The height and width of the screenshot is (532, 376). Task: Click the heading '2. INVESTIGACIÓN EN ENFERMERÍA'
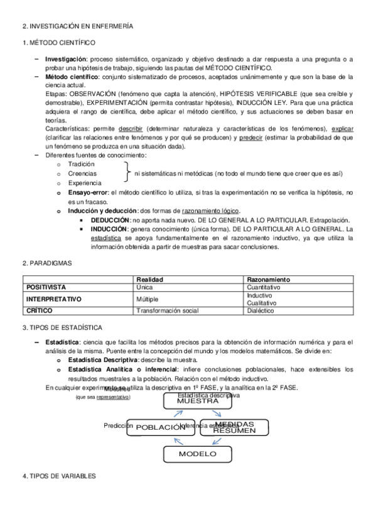click(x=77, y=26)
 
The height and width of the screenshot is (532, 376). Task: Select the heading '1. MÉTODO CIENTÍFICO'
click(x=58, y=43)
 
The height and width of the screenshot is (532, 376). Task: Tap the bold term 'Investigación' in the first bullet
click(x=66, y=59)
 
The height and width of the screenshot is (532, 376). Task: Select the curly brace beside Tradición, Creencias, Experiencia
click(x=128, y=173)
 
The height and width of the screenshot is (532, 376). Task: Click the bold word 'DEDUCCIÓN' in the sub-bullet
click(x=110, y=220)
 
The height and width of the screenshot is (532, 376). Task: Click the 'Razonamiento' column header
click(x=268, y=279)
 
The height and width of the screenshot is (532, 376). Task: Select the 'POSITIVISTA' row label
click(x=46, y=287)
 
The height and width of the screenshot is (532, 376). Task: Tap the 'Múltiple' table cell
click(x=148, y=299)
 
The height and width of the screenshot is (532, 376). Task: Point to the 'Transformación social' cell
click(x=168, y=311)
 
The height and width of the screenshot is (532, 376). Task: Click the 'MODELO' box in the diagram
click(x=197, y=454)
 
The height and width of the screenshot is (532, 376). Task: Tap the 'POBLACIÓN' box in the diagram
click(x=161, y=427)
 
